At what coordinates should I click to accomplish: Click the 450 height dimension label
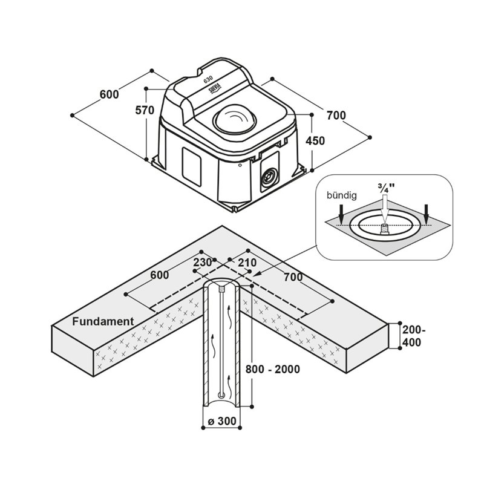click(x=316, y=141)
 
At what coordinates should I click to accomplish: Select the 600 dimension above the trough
click(x=110, y=94)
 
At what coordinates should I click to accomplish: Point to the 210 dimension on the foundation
click(x=247, y=263)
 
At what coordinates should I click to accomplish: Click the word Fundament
click(x=103, y=321)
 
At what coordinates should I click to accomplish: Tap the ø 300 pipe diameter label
click(x=221, y=420)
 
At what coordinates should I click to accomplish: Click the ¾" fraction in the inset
click(x=385, y=187)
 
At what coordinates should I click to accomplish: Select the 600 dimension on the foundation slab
click(x=159, y=275)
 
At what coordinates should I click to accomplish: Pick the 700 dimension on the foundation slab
click(x=293, y=277)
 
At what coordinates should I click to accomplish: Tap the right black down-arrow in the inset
click(x=427, y=211)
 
